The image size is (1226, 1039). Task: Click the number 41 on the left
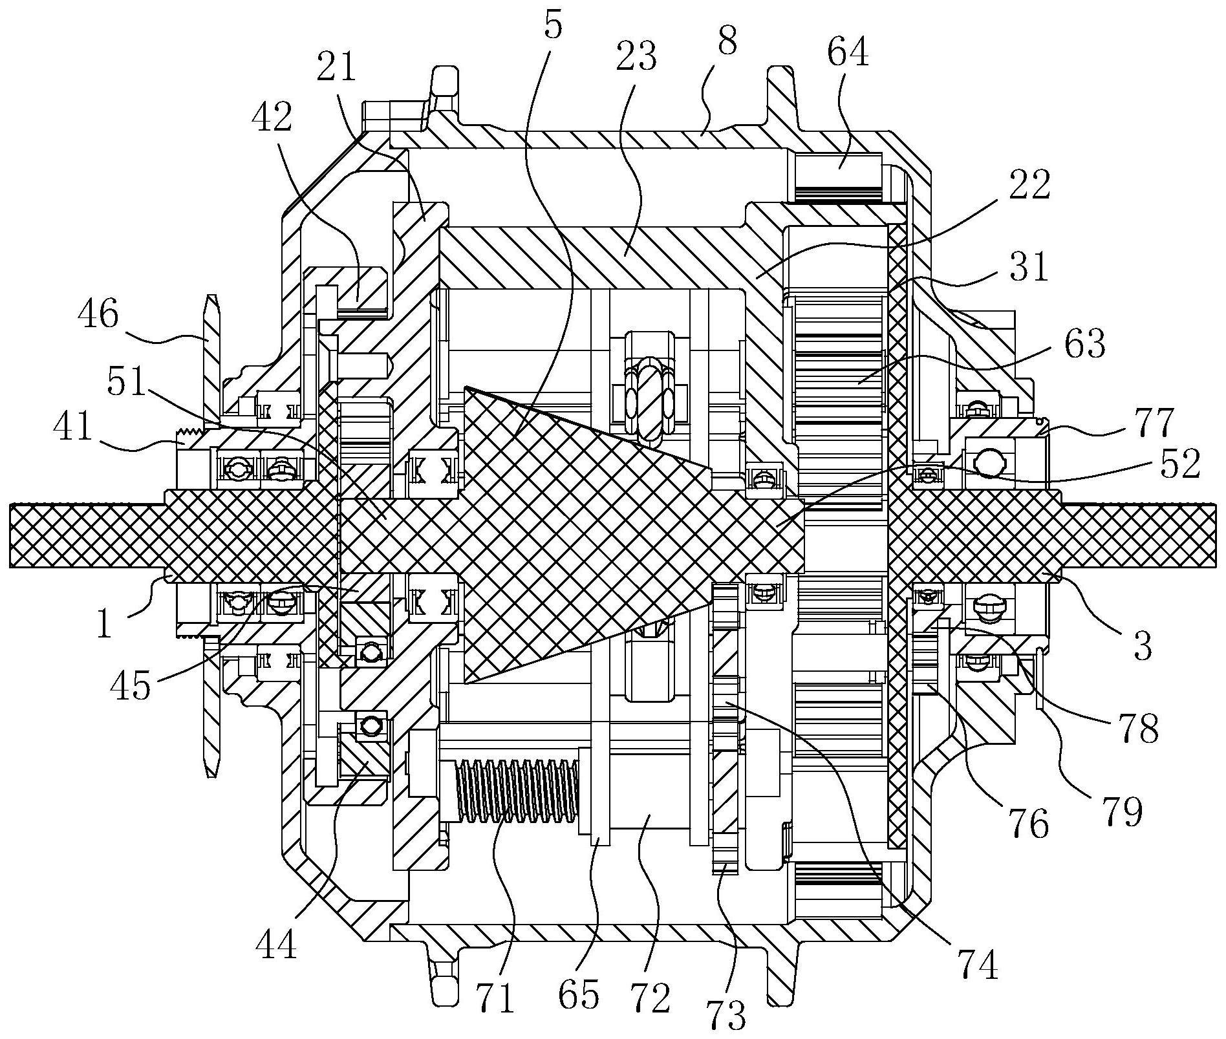72,427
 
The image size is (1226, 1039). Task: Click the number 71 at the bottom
496,996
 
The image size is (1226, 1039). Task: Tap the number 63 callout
1084,343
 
